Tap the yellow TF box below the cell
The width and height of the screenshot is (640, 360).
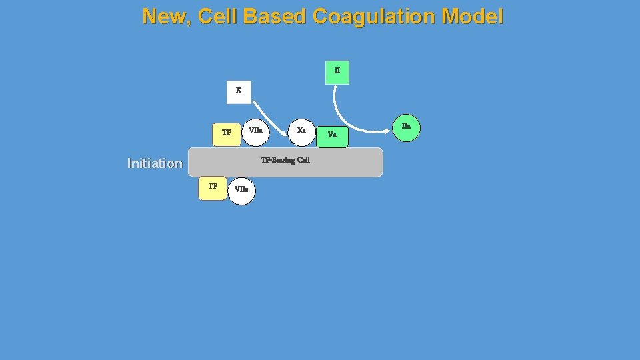click(213, 188)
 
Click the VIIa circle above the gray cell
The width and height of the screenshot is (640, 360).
click(255, 131)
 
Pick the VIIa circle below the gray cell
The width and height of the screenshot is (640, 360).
click(241, 191)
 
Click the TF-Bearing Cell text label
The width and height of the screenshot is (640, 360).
click(285, 160)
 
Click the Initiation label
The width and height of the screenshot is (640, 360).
click(155, 163)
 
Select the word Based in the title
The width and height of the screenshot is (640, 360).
click(274, 16)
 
